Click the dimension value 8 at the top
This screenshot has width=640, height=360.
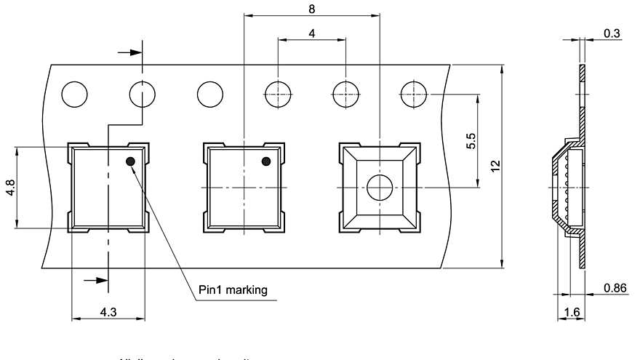point(311,8)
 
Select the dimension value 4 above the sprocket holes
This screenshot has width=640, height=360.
point(311,33)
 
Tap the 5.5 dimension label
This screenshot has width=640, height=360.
point(471,140)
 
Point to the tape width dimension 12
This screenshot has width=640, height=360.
point(495,166)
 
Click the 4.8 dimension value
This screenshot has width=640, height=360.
point(9,188)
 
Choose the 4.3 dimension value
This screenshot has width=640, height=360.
point(108,311)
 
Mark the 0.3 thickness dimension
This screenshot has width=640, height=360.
point(611,32)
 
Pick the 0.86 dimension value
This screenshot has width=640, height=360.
point(615,289)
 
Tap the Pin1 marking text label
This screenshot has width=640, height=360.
point(233,290)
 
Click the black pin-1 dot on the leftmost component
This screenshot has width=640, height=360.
point(131,161)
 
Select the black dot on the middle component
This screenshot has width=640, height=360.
point(266,161)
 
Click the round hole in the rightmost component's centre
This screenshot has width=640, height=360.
point(379,188)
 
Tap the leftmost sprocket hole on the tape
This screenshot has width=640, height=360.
point(74,95)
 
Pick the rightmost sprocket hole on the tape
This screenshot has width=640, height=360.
point(414,95)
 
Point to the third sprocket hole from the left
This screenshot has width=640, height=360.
point(209,95)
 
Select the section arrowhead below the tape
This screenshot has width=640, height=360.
point(93,279)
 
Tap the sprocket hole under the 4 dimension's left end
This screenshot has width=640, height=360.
point(278,95)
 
